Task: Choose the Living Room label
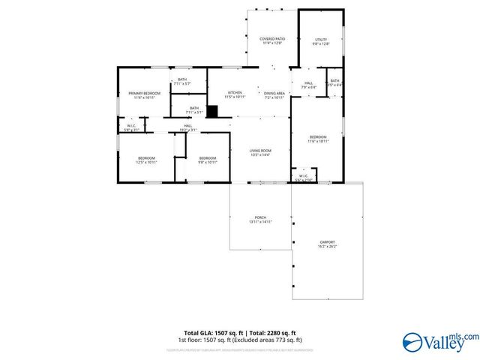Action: [260, 152]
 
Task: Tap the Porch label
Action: [260, 220]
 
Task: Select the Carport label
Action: [328, 244]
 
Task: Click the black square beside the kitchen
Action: [212, 112]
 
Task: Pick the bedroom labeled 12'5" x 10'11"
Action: [145, 160]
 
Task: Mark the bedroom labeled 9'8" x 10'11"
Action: [207, 160]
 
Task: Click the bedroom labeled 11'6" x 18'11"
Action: [319, 139]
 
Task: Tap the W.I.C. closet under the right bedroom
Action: [304, 178]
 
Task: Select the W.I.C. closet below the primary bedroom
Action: [131, 127]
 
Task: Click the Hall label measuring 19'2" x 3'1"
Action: [188, 127]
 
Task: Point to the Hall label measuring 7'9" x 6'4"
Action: [308, 85]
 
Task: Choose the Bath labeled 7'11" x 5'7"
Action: [181, 82]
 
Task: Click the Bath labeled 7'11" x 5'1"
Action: [194, 110]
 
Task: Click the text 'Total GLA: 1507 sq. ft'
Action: [212, 332]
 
